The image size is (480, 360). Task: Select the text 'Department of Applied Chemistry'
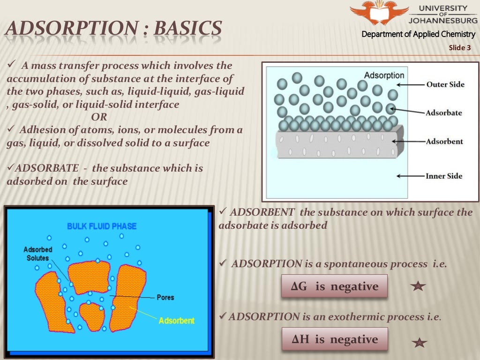pos(419,34)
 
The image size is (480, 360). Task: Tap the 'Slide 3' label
pos(459,47)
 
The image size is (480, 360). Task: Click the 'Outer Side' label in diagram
pos(445,84)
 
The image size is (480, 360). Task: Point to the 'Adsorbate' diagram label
pos(444,113)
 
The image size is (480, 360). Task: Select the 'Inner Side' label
pos(444,176)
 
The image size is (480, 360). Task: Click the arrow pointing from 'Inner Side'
pos(410,176)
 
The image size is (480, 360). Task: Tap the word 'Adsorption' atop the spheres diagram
pos(384,75)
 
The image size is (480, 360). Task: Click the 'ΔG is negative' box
pos(334,286)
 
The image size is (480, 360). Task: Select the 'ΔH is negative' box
pos(334,339)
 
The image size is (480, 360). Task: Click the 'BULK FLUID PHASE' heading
pos(102,226)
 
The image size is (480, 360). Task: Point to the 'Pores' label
pos(165,298)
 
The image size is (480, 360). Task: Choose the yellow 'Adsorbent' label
pos(176,321)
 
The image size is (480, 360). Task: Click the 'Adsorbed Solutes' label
pos(38,254)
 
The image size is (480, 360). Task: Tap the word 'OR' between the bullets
pos(99,117)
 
